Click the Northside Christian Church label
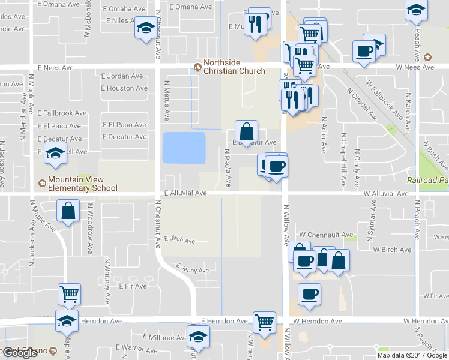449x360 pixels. click(x=234, y=67)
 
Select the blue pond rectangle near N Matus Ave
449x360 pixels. click(x=184, y=148)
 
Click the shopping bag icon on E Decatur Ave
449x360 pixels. click(x=247, y=131)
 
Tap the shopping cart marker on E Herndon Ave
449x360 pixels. click(x=264, y=323)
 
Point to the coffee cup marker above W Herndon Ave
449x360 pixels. click(x=309, y=295)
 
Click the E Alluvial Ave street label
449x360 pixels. click(x=185, y=193)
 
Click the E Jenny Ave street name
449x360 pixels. click(x=193, y=268)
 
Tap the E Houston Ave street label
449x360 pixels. click(x=124, y=88)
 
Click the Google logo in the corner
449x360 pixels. click(x=20, y=353)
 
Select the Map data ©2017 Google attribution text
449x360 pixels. click(x=412, y=355)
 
